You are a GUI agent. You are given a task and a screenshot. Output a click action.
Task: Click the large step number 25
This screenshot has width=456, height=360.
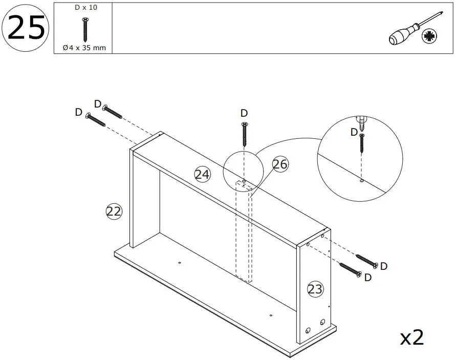pyautogui.click(x=26, y=28)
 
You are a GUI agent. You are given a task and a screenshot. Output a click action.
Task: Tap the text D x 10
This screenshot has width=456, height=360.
pyautogui.click(x=83, y=8)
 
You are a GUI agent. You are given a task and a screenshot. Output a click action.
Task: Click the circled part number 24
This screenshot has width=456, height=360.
pyautogui.click(x=203, y=175)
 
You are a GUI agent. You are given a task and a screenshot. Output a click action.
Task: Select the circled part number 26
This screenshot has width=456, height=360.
pyautogui.click(x=280, y=164)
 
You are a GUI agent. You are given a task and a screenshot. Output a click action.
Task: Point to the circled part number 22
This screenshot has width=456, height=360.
pyautogui.click(x=114, y=211)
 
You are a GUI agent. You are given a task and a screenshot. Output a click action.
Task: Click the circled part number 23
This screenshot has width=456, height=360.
pyautogui.click(x=315, y=289)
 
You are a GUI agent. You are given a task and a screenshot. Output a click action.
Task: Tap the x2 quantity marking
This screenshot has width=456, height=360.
pyautogui.click(x=412, y=337)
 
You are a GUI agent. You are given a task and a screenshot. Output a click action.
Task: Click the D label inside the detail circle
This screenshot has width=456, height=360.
pyautogui.click(x=354, y=132)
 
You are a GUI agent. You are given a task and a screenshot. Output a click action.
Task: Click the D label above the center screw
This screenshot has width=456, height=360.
pyautogui.click(x=244, y=113)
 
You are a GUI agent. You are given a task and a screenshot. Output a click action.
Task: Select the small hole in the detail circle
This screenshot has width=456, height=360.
pyautogui.click(x=362, y=180)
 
